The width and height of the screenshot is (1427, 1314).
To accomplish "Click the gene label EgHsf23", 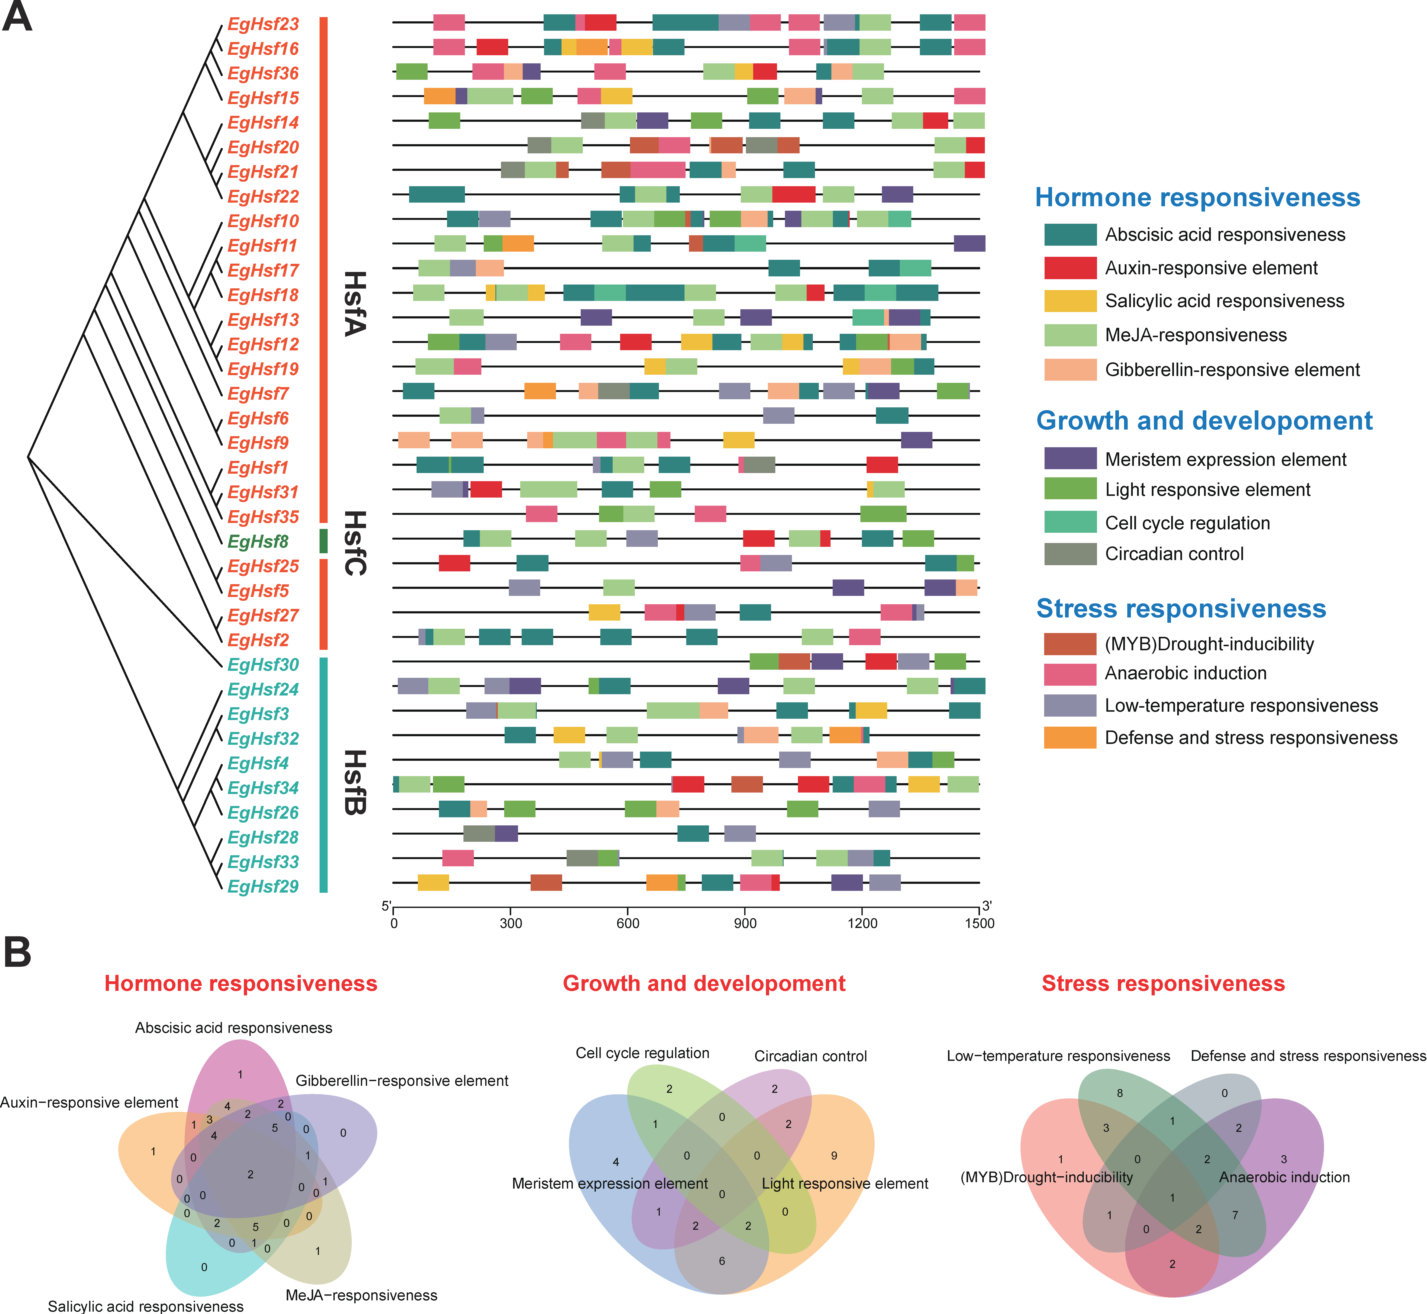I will coord(263,24).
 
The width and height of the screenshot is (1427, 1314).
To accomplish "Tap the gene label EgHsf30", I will coord(263,665).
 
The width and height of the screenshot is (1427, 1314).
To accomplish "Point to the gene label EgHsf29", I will coord(263,887).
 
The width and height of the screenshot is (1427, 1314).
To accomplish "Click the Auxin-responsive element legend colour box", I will coord(1070,268).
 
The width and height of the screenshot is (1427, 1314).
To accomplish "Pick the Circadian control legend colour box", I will coord(1070,554).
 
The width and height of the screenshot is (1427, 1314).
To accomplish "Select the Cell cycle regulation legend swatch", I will coord(1070,523).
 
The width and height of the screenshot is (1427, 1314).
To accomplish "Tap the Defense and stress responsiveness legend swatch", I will coord(1070,737).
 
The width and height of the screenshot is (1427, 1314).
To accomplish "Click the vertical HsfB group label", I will coord(355,782).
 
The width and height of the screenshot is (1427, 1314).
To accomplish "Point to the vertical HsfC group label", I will coord(355,543).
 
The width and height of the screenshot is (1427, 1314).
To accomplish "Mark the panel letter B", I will coord(18,952).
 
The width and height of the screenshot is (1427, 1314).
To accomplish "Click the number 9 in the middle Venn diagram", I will coord(834,1156).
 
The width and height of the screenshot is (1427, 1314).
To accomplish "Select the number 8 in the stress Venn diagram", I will coord(1120,1093).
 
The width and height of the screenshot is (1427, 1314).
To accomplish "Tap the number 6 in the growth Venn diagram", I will coord(722,1261).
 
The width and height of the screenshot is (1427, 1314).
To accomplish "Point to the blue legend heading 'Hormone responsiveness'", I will coord(1197,198).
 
